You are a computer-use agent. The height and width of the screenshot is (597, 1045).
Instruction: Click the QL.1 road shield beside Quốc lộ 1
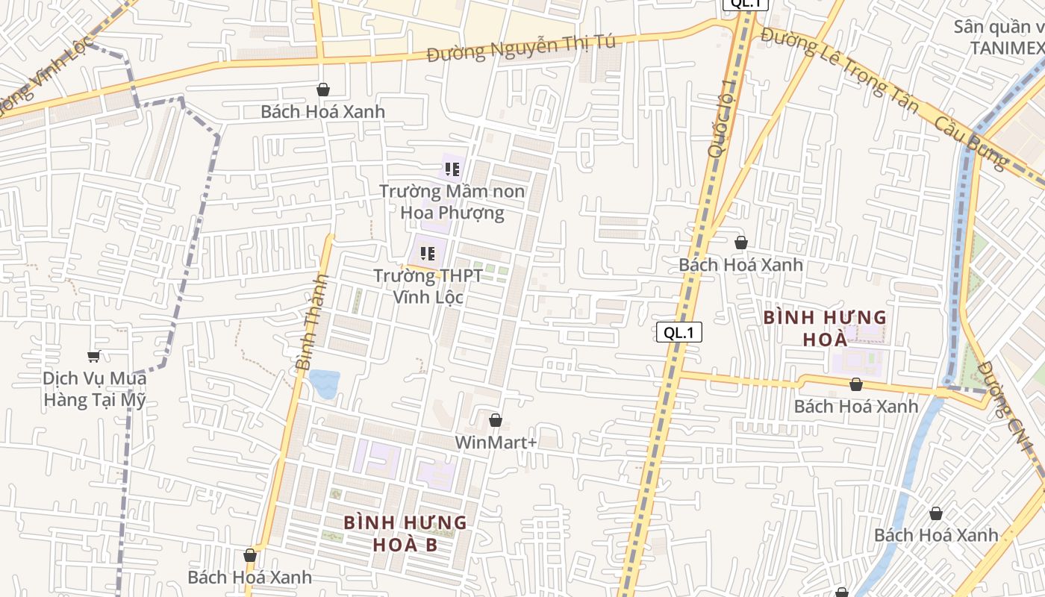679,333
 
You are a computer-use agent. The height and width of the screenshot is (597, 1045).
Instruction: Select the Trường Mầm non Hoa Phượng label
452,201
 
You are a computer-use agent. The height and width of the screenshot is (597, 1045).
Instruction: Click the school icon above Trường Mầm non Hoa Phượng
452,169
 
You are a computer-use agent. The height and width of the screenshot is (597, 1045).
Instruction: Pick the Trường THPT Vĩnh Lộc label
428,287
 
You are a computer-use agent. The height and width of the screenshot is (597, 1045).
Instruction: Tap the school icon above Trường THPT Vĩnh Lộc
428,254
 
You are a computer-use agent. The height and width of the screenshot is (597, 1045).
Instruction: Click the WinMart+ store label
496,443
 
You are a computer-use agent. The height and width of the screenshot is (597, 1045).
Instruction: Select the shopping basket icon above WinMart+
495,421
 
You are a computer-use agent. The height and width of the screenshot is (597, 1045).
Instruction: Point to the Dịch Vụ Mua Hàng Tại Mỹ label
94,389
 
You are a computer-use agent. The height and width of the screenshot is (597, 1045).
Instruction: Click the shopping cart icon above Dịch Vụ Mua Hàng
93,356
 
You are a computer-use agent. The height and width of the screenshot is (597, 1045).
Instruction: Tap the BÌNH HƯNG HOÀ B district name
405,534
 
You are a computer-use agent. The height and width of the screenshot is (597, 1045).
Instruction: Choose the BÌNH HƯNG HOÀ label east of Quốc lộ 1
825,328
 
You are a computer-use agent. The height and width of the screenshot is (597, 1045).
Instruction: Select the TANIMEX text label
1006,48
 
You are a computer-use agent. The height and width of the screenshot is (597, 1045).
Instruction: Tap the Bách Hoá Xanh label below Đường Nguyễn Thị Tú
323,111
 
